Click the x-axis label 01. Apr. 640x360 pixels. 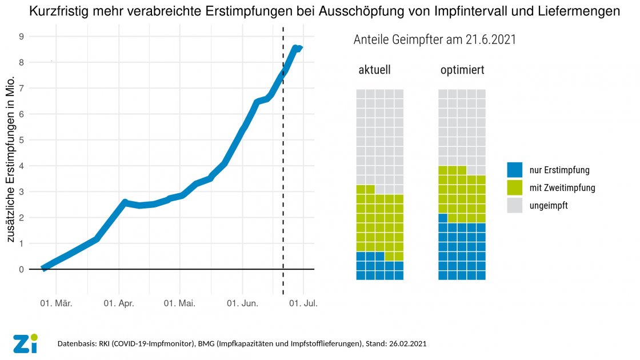(119, 303)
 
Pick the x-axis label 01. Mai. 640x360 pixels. (181, 303)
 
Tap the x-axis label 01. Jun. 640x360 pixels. (242, 303)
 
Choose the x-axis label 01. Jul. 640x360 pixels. (303, 303)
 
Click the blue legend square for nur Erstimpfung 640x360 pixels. (514, 170)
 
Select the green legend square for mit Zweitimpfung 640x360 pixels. (514, 187)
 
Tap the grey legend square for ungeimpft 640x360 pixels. (514, 205)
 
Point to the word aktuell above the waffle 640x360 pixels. (374, 71)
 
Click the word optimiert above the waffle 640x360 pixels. (462, 71)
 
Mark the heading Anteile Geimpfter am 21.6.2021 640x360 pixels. (435, 40)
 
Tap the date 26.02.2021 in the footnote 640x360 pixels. (406, 344)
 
